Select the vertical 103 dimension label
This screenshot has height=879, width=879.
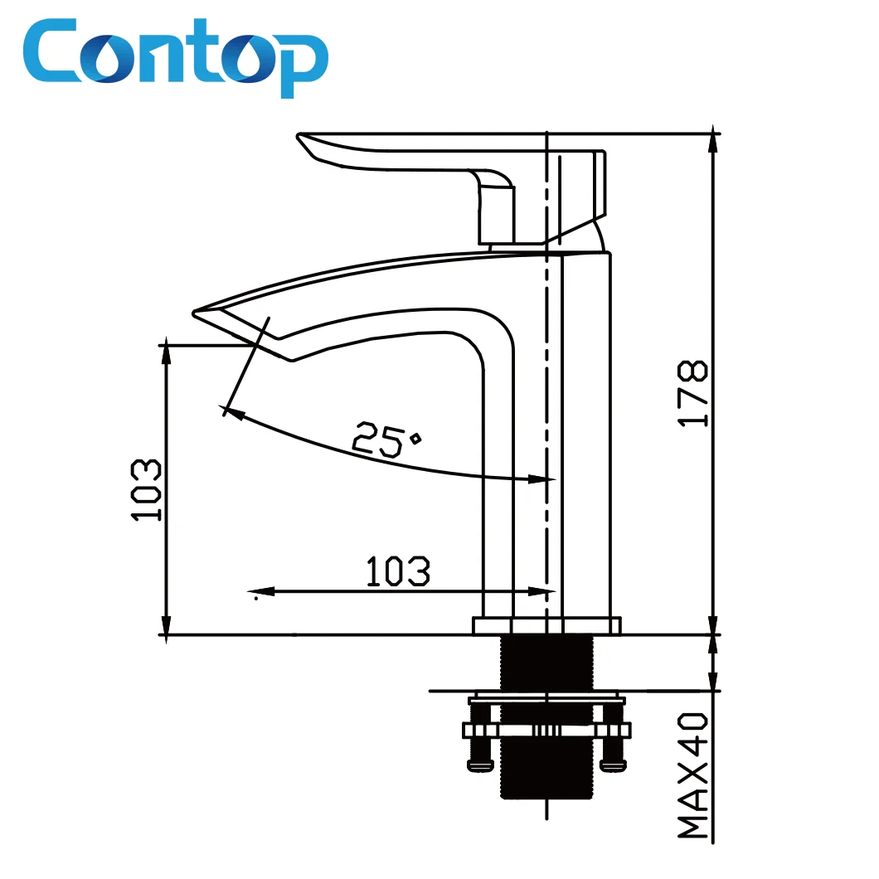(x=147, y=490)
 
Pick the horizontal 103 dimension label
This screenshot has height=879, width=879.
(x=398, y=571)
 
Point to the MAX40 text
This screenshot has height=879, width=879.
(x=693, y=775)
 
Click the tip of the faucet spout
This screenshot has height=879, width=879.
(x=199, y=313)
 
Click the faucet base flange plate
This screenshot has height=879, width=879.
(x=546, y=625)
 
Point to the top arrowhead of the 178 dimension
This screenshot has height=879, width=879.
(x=711, y=141)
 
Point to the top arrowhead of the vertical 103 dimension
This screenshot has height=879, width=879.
(x=167, y=347)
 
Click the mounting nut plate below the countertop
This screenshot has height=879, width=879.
(x=546, y=730)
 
